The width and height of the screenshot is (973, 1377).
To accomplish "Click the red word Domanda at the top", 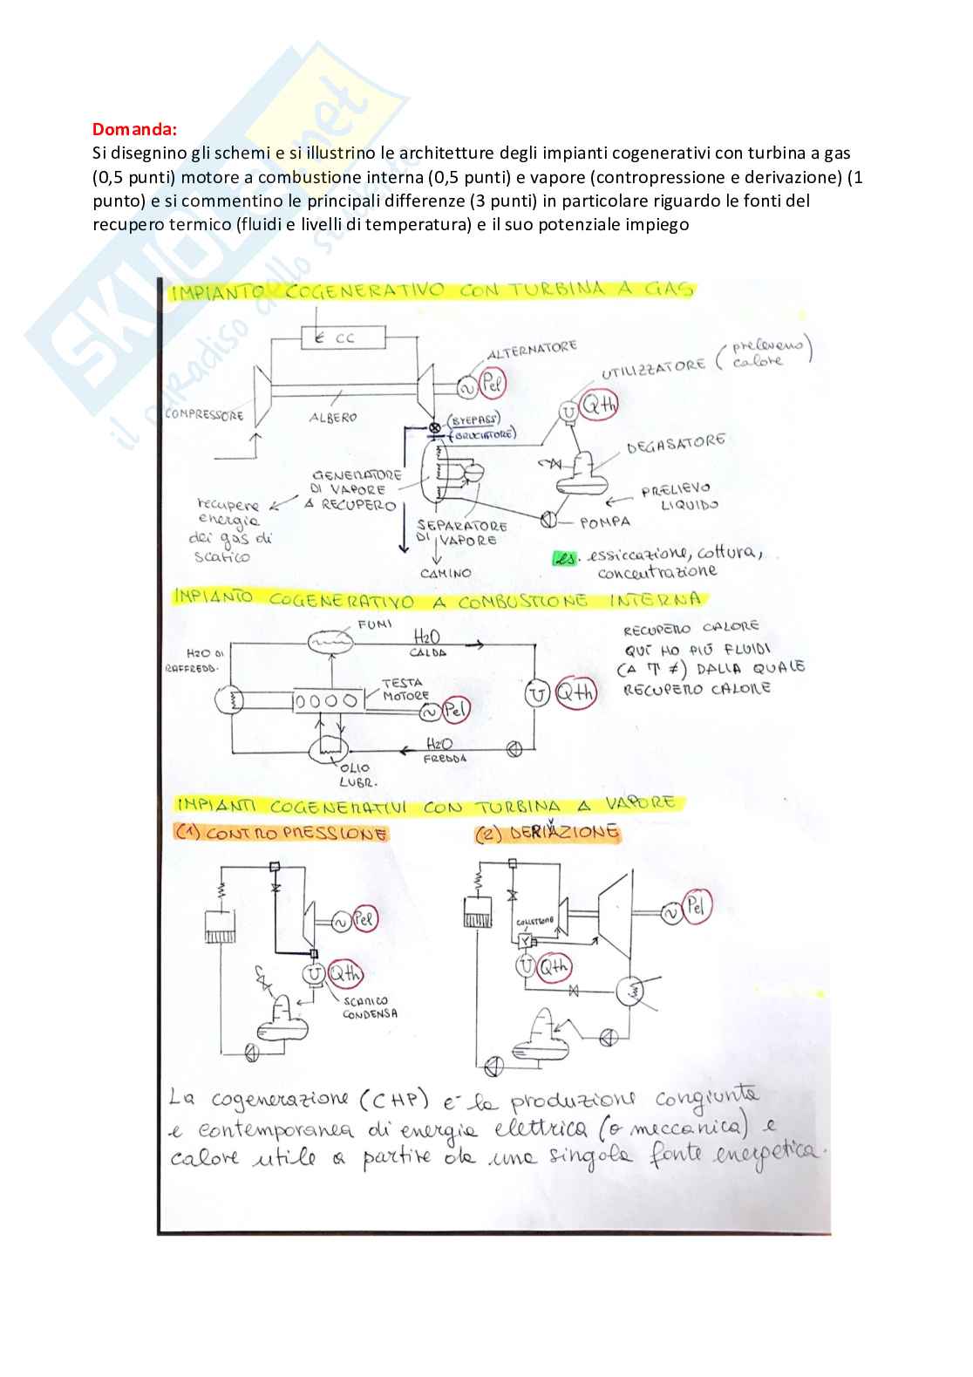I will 133,129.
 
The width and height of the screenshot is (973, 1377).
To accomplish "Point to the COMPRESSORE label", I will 205,414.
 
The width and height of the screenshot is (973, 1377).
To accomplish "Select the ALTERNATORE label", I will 532,350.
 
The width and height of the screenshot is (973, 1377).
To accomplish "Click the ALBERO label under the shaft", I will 333,418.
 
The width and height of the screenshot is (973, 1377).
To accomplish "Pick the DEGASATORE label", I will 676,444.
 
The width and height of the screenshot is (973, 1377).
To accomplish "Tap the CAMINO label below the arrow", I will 446,573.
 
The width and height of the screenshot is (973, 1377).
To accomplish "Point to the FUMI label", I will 375,624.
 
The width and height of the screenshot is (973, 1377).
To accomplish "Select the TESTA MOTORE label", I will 405,689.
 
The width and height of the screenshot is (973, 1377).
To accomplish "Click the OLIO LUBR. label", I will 356,774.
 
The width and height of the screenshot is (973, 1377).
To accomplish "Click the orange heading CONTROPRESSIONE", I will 282,834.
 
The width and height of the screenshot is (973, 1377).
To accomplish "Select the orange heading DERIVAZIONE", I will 548,833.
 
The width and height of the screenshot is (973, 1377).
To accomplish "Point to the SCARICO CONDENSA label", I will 370,1007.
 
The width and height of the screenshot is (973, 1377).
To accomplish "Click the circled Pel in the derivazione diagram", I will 696,907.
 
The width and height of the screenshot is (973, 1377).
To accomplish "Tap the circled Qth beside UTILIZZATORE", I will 599,405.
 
